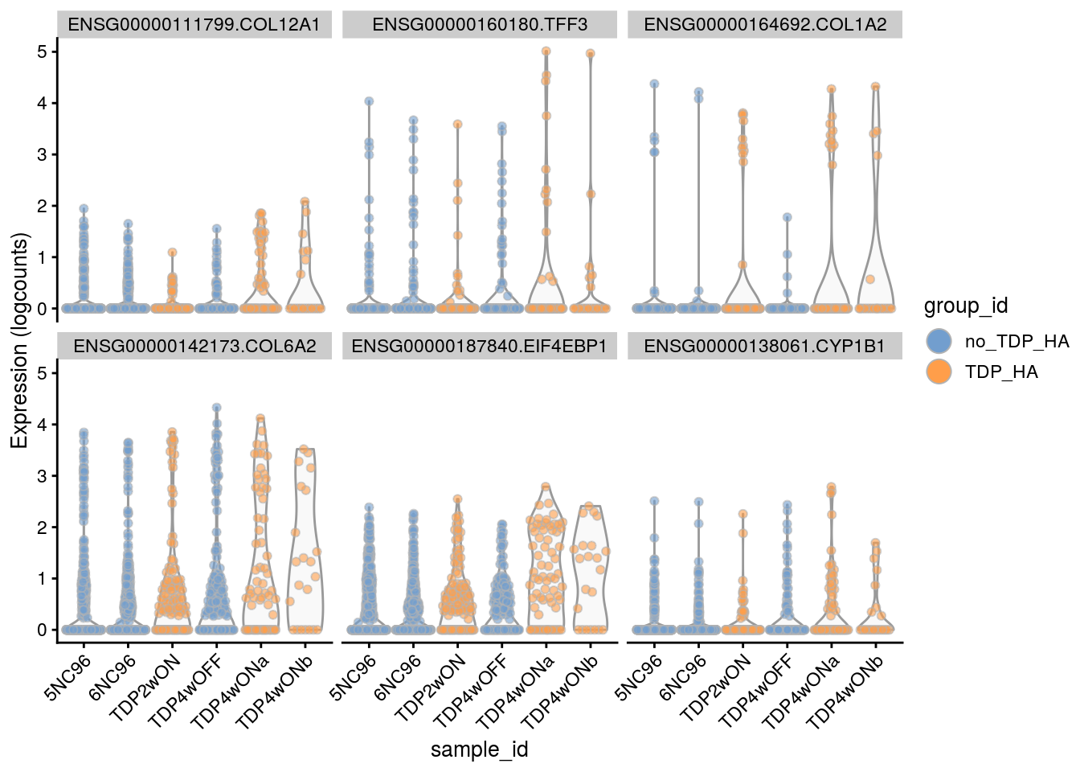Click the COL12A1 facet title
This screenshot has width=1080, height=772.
point(194,25)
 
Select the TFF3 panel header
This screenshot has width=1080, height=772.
point(480,25)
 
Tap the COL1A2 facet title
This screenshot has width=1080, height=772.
point(765,25)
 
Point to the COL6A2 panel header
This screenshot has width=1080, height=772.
point(194,347)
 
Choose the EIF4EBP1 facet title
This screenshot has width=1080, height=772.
point(480,347)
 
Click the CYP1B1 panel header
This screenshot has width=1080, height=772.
point(765,347)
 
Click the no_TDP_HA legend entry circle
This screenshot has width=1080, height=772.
point(939,341)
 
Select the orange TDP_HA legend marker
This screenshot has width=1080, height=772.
point(939,372)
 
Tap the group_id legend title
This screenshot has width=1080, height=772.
point(966,306)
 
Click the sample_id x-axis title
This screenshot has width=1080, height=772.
point(480,749)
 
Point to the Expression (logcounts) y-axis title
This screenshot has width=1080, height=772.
point(19,340)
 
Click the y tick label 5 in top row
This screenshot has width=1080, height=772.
point(42,51)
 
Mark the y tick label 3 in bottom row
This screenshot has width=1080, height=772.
point(42,476)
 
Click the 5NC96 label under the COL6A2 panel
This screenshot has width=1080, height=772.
point(67,679)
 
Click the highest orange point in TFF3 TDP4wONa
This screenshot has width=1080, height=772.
point(546,51)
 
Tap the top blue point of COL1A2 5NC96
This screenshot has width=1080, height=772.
point(654,84)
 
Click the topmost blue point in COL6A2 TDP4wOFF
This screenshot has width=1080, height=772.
point(216,408)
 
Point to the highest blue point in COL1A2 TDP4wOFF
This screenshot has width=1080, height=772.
point(787,217)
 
